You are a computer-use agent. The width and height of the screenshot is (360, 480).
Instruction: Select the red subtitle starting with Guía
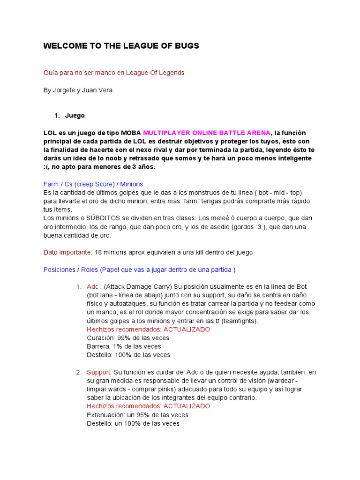pyautogui.click(x=114, y=73)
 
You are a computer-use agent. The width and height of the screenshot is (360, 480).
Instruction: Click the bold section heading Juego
pyautogui.click(x=75, y=115)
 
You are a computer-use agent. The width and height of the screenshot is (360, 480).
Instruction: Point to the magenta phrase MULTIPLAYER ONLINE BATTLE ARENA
pyautogui.click(x=207, y=133)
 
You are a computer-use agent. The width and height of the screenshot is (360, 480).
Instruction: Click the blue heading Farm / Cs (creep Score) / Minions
pyautogui.click(x=93, y=184)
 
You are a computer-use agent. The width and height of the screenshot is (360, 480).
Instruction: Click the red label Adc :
pyautogui.click(x=94, y=286)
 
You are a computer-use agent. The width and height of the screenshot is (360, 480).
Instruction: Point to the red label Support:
pyautogui.click(x=99, y=372)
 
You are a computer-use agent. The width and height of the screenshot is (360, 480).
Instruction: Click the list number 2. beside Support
pyautogui.click(x=79, y=372)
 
